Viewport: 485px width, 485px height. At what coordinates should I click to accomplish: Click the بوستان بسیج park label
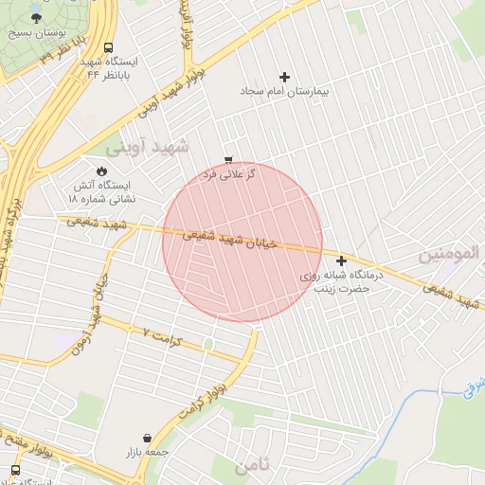point(33,31)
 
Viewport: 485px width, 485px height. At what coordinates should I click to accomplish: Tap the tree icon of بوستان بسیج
point(37,16)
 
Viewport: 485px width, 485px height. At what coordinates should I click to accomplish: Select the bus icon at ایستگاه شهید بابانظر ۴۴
point(108,47)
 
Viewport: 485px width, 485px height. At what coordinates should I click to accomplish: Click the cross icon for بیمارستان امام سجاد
point(284,77)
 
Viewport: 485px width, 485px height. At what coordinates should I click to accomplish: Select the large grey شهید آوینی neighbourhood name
point(147,148)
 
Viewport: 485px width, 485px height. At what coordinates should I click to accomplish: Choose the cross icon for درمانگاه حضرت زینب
point(341,260)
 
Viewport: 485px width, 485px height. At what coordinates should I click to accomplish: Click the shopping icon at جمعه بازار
point(147,438)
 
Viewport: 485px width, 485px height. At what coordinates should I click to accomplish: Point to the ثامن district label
point(255,464)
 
